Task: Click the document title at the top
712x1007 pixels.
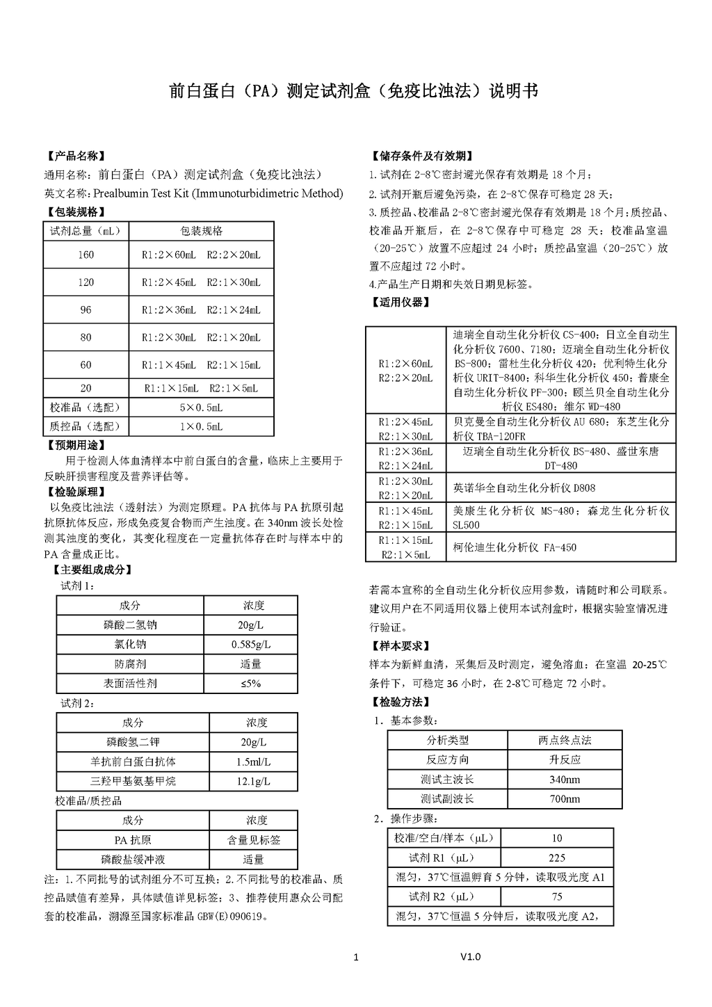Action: click(x=354, y=91)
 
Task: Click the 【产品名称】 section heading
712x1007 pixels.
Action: click(x=76, y=156)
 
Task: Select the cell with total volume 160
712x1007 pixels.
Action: click(x=86, y=255)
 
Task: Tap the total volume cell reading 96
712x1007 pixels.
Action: click(x=86, y=310)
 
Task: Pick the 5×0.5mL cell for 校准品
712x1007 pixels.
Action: click(x=201, y=408)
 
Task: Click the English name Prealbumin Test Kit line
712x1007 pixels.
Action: click(x=193, y=193)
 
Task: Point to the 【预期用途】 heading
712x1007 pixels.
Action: click(x=76, y=445)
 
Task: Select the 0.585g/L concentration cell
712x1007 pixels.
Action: click(x=251, y=645)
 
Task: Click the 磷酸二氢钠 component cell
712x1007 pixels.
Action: click(x=130, y=625)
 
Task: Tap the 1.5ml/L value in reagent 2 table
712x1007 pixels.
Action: click(x=253, y=762)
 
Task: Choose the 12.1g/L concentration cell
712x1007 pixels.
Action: click(x=253, y=782)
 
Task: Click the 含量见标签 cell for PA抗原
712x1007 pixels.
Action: click(x=253, y=841)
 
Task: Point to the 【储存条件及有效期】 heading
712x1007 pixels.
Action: click(x=423, y=156)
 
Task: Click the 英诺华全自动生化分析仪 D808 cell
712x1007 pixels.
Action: click(x=524, y=488)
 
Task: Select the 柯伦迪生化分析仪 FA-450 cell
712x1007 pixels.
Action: click(x=514, y=547)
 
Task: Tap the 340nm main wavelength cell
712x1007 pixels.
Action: click(x=564, y=780)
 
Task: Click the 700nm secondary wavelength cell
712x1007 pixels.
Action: click(x=564, y=799)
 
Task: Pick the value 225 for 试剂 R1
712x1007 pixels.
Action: click(x=556, y=858)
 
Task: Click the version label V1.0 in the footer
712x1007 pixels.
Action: click(x=470, y=957)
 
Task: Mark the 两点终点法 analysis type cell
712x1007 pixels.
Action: click(x=564, y=741)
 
